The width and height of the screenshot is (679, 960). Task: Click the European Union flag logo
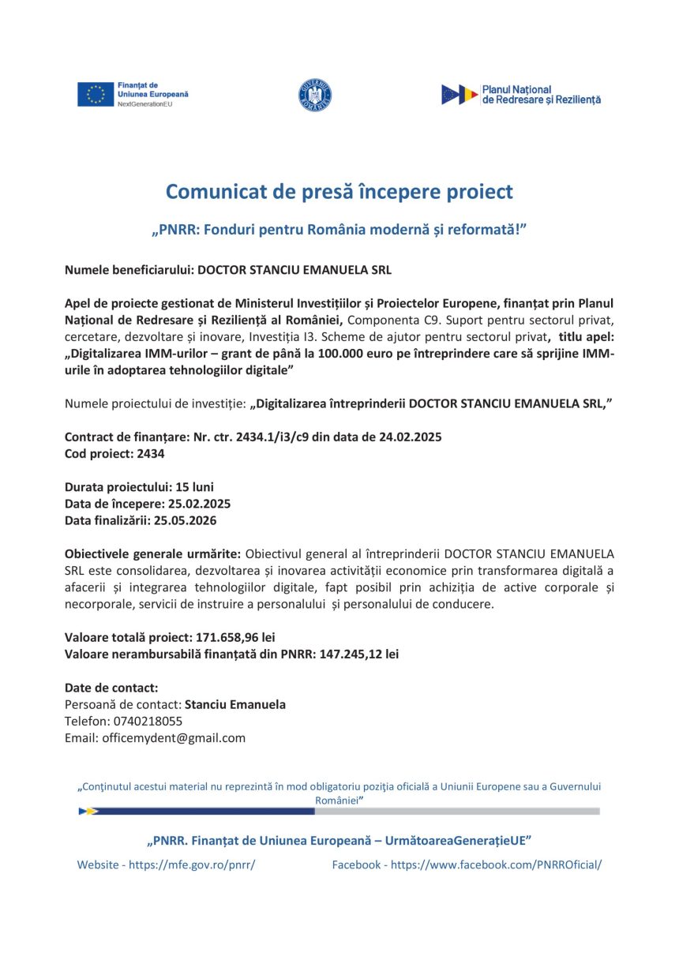coord(96,94)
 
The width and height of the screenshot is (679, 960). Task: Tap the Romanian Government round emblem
coord(315,95)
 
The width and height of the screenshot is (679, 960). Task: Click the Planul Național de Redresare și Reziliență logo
coord(521,95)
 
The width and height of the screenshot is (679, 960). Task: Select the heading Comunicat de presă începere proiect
coord(339,192)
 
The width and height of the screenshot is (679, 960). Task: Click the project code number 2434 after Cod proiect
coord(152,454)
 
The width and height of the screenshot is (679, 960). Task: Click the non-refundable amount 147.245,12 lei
coord(359,654)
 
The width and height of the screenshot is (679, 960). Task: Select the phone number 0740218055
coord(147,722)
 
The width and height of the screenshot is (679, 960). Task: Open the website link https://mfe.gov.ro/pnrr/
coord(192,865)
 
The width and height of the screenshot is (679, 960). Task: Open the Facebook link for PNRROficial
coord(496,865)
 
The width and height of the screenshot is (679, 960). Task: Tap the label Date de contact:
coord(111,688)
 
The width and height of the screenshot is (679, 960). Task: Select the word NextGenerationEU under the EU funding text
coord(144,104)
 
